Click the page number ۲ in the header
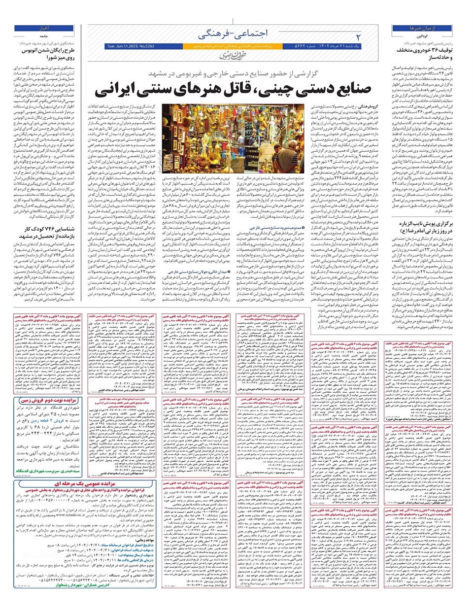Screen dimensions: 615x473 358,36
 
